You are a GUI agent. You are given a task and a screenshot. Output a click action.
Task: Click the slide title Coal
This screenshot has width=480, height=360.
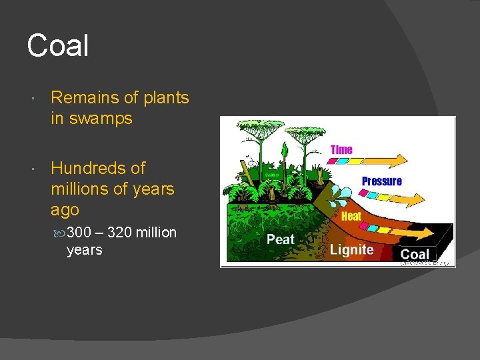[58, 46]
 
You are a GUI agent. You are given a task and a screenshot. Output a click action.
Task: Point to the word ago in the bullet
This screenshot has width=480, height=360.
[65, 210]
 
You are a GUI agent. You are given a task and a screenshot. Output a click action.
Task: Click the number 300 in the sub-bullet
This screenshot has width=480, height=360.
[79, 233]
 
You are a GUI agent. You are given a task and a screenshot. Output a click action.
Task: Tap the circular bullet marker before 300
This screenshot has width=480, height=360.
[61, 233]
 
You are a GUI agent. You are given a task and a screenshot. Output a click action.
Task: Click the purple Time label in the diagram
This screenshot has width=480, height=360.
[341, 150]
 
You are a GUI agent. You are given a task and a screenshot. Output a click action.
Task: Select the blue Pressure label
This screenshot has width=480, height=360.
[381, 181]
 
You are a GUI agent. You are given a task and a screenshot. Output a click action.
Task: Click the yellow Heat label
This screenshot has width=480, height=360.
[351, 216]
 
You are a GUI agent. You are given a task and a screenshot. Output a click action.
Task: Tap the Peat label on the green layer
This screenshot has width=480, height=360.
[281, 239]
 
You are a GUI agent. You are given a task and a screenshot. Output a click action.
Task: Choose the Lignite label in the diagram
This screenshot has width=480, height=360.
[351, 250]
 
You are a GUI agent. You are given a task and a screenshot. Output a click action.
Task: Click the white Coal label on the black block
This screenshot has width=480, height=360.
[415, 254]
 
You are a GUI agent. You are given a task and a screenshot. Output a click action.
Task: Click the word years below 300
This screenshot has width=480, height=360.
[85, 250]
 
